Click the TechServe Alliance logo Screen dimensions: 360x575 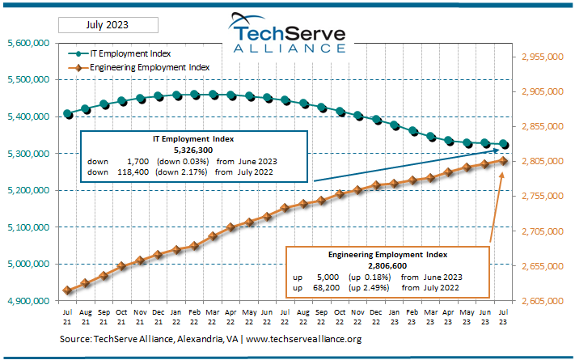(287, 36)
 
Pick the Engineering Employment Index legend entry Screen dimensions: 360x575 (149, 67)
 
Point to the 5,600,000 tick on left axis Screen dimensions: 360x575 (29, 43)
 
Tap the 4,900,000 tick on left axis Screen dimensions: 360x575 (29, 301)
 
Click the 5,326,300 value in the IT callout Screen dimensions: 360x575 (193, 150)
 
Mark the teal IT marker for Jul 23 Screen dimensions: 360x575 (503, 144)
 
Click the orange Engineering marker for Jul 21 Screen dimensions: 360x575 (67, 290)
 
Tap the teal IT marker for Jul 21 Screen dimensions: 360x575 (67, 114)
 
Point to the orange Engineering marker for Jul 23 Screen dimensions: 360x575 (503, 161)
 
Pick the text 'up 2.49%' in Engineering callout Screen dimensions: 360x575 (367, 287)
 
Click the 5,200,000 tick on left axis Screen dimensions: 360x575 (29, 190)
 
